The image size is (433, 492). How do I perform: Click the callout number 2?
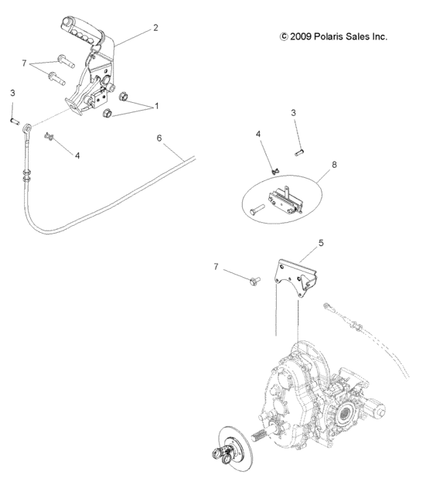point(155,28)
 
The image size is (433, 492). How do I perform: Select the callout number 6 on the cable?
point(159,138)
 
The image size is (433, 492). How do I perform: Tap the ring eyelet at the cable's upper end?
point(27,127)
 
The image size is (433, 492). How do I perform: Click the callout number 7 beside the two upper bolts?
point(24,62)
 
